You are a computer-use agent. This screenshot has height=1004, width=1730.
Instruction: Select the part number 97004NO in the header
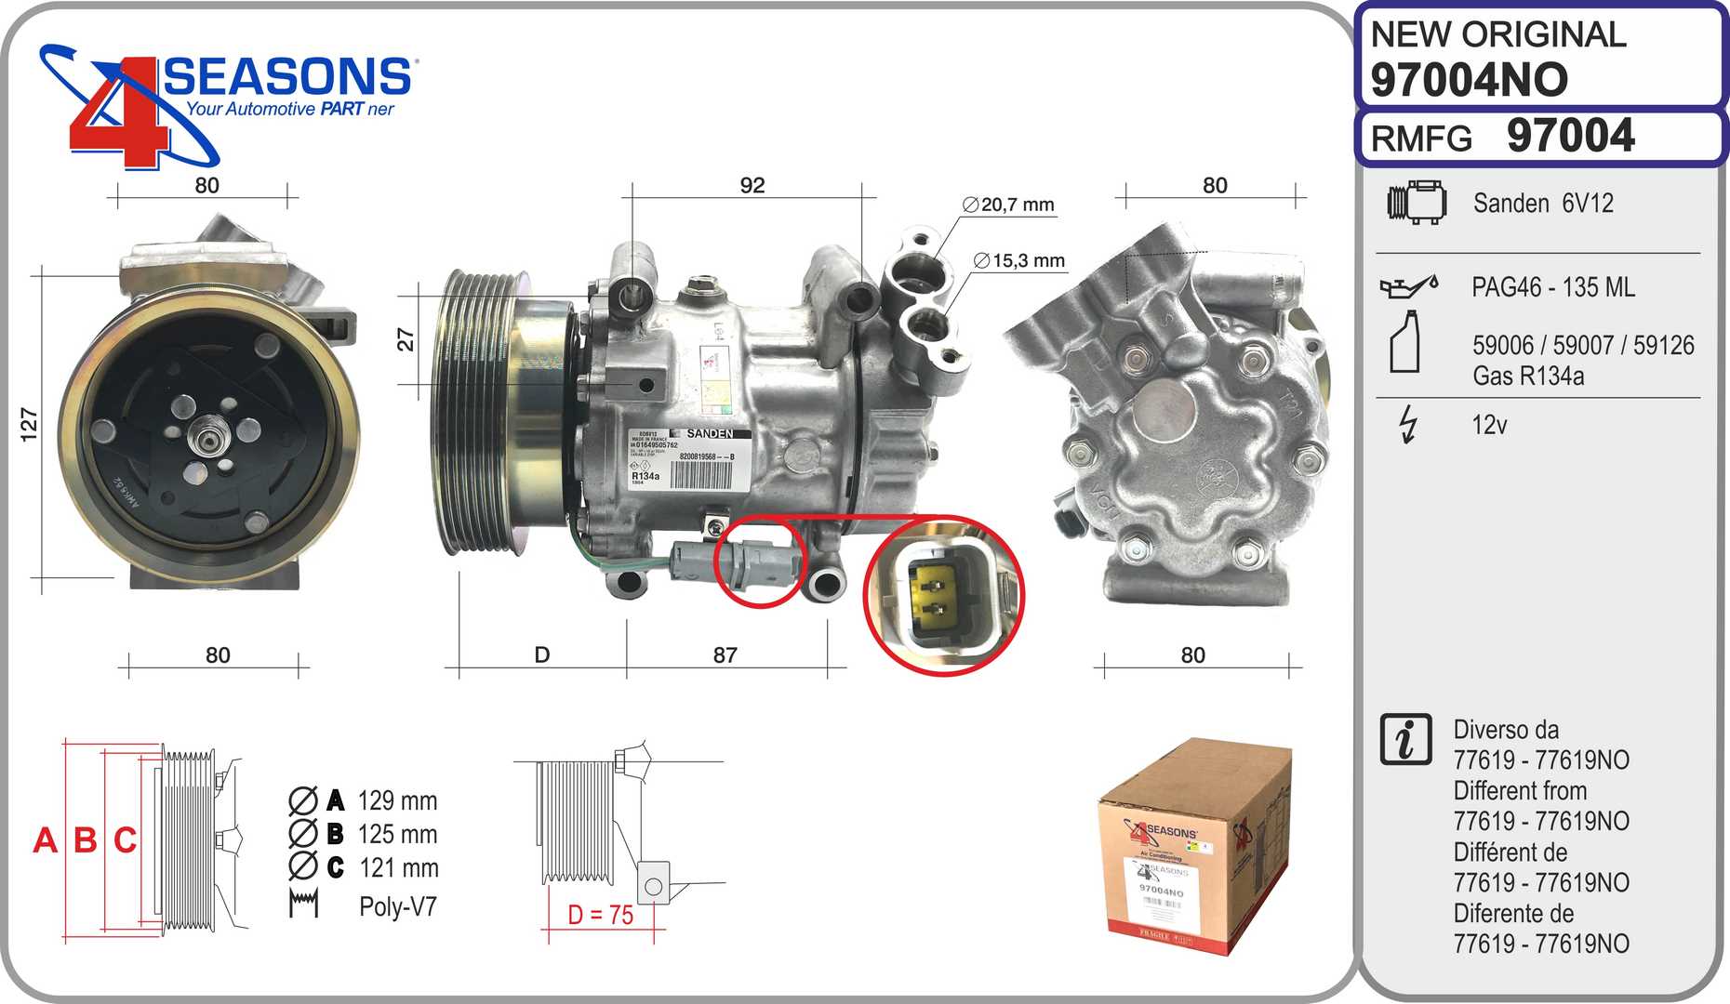point(1469,80)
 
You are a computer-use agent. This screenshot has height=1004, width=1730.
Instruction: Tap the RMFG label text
point(1421,139)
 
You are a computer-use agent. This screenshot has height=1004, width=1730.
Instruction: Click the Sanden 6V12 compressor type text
point(1543,204)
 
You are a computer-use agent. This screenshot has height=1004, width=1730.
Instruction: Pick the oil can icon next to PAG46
point(1408,286)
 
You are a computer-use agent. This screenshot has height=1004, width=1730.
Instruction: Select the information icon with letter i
point(1405,740)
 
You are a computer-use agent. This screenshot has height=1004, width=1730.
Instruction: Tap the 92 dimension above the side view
point(752,186)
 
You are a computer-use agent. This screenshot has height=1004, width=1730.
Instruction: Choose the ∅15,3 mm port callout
point(1019,261)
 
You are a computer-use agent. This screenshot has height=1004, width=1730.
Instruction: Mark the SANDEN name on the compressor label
point(710,434)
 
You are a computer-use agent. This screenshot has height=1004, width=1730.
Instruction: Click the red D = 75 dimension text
point(601,916)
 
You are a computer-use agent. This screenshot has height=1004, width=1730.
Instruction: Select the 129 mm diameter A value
point(396,800)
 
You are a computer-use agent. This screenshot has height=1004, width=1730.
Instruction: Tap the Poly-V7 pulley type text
point(397,907)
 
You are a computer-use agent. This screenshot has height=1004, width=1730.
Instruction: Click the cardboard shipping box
point(1194,846)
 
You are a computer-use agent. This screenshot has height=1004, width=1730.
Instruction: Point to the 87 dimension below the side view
point(725,655)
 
